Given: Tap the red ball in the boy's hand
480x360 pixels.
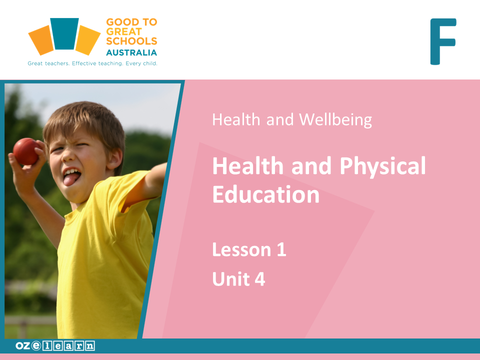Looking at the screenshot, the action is pos(27,151).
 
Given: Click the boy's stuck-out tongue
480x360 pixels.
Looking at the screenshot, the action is pos(70,179).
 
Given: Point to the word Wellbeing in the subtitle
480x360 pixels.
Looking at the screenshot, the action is pos(335,119).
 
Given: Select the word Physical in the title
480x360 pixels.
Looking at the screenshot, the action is pos(382,166).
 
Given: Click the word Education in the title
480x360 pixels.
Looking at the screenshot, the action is pos(265,194).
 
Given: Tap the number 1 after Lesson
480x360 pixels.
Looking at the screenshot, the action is pos(281,249).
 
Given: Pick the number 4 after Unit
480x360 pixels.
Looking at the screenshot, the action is pos(260,279).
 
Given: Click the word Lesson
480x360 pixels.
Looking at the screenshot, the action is pos(242,249).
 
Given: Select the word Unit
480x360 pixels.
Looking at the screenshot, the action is pos(231,279).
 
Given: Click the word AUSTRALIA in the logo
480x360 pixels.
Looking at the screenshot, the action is pos(131,52).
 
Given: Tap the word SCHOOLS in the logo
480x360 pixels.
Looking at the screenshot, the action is pos(131,41).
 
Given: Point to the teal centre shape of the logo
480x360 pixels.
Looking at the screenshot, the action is pos(64,33).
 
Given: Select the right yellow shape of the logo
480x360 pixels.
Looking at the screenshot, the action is pos(87,40).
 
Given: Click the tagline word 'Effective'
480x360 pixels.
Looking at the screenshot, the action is pos(84,63).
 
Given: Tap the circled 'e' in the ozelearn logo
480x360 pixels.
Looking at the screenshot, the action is pos(36,345).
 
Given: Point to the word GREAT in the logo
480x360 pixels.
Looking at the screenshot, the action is pos(123,31).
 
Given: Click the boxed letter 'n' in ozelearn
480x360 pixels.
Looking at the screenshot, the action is pos(90,346).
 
